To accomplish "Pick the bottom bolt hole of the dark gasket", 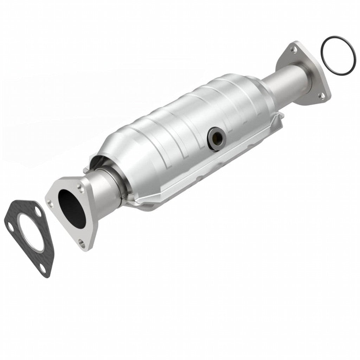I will pyautogui.click(x=42, y=268).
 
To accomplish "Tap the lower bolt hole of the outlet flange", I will pyautogui.click(x=321, y=95).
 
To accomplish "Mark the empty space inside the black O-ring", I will pyautogui.click(x=337, y=54).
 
